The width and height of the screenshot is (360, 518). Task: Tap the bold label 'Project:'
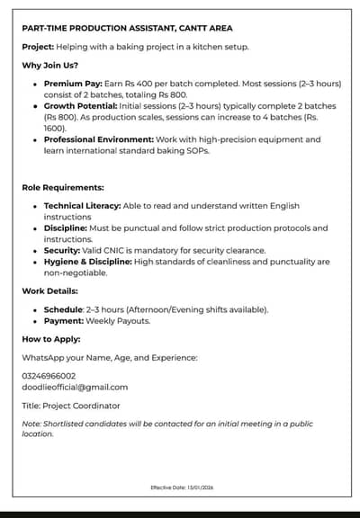38,46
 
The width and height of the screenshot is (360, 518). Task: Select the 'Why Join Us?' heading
52,65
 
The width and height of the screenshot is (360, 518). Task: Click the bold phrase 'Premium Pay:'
72,84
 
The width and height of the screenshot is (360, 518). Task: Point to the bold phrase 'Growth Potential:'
80,106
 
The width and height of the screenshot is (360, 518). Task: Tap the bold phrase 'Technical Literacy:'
82,206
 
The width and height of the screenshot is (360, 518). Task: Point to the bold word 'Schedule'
63,309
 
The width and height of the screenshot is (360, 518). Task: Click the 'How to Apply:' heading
51,339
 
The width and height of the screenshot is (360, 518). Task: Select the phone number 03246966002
49,376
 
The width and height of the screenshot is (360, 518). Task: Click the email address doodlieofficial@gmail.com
75,387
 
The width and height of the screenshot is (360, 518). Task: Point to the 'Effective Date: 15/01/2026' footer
183,487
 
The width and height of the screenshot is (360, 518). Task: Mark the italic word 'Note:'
31,424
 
